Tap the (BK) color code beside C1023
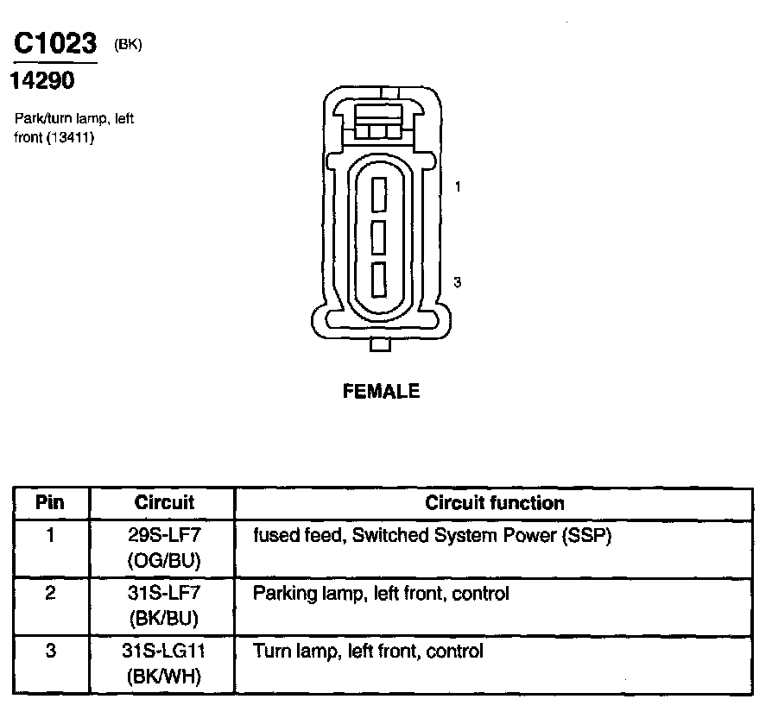coord(128,45)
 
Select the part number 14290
coord(42,81)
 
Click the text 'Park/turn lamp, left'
coord(74,119)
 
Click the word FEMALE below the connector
coord(382,392)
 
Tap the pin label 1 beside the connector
coord(457,186)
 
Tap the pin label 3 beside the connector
coord(457,282)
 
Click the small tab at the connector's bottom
coord(380,345)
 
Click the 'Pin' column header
coord(51,502)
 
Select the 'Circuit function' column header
coord(495,502)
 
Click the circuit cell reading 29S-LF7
coord(164,536)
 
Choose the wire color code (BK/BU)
coord(164,619)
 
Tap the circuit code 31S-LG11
coord(164,651)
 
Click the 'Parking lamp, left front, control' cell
coord(381,594)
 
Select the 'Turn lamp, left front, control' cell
coord(368,651)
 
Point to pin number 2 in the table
coord(51,594)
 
